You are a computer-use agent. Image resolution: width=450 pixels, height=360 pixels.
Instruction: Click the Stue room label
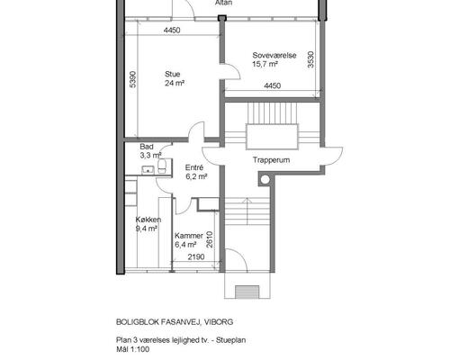click(172, 74)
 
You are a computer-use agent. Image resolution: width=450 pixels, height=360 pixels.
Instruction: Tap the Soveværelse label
click(274, 55)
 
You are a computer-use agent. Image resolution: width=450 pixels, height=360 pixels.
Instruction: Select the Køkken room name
click(148, 220)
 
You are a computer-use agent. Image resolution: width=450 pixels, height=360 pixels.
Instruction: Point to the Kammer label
click(189, 236)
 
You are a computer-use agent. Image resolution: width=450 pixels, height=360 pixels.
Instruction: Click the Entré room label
click(194, 167)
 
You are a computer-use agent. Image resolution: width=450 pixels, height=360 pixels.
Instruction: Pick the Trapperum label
click(271, 160)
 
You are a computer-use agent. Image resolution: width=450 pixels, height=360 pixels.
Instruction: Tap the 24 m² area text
click(175, 83)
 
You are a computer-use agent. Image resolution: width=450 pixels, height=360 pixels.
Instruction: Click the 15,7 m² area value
click(265, 64)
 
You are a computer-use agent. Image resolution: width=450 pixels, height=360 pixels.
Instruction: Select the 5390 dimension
click(133, 79)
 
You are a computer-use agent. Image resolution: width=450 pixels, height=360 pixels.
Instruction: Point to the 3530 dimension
click(311, 59)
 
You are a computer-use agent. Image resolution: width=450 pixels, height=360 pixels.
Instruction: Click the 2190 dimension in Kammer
click(196, 256)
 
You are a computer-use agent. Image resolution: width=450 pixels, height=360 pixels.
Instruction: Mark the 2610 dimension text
click(210, 239)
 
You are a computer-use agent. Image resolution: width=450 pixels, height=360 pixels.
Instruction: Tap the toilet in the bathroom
click(162, 166)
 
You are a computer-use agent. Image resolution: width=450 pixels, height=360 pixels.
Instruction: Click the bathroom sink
click(148, 170)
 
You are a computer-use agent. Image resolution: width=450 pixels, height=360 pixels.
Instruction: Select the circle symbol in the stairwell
click(265, 180)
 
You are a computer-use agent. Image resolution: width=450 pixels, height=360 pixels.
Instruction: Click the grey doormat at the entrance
click(247, 292)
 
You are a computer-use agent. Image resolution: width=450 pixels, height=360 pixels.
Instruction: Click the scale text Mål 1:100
click(132, 349)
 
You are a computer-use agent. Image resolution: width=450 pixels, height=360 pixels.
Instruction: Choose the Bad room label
click(147, 147)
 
